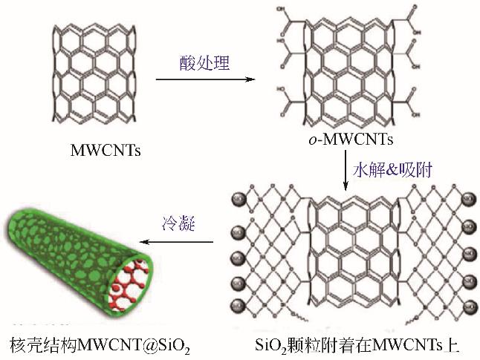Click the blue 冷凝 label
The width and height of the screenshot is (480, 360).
click(x=178, y=223)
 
